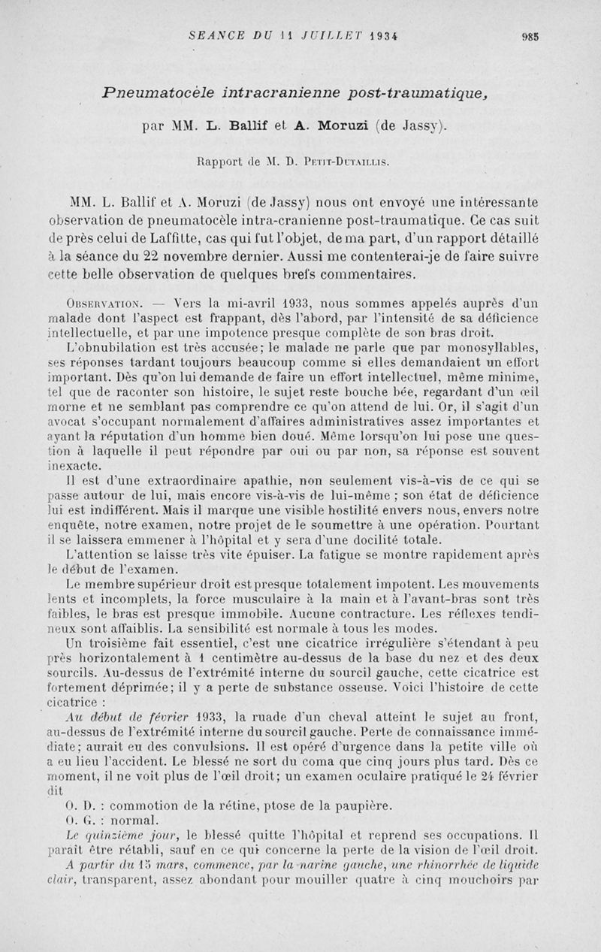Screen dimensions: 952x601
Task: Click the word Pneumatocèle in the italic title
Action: tap(155, 92)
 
